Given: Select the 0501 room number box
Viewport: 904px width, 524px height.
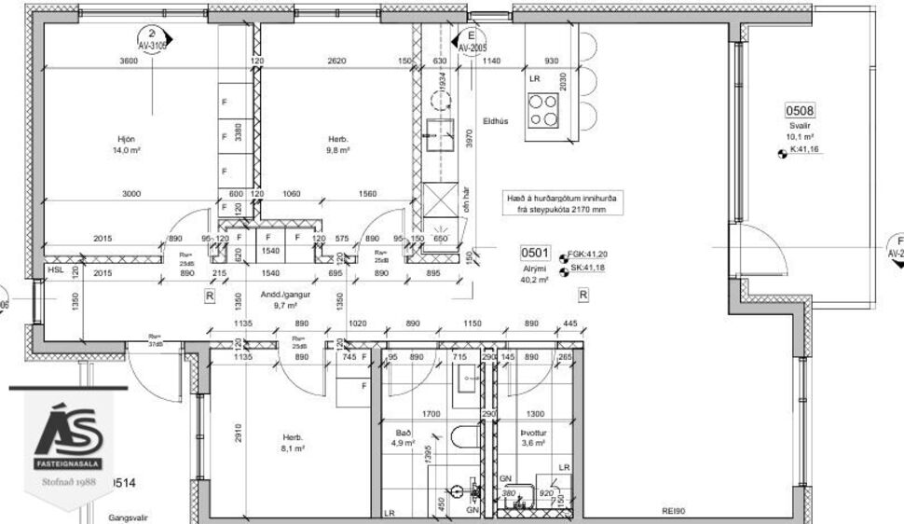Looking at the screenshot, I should [535, 253].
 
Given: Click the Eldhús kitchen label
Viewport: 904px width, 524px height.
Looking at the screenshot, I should [495, 120].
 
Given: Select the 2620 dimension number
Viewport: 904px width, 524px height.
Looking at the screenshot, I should [336, 62].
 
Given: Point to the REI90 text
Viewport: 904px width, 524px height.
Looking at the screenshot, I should [674, 511].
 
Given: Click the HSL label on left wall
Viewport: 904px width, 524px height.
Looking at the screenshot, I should [57, 270].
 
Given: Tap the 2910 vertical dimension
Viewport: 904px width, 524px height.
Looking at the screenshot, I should [239, 433].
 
